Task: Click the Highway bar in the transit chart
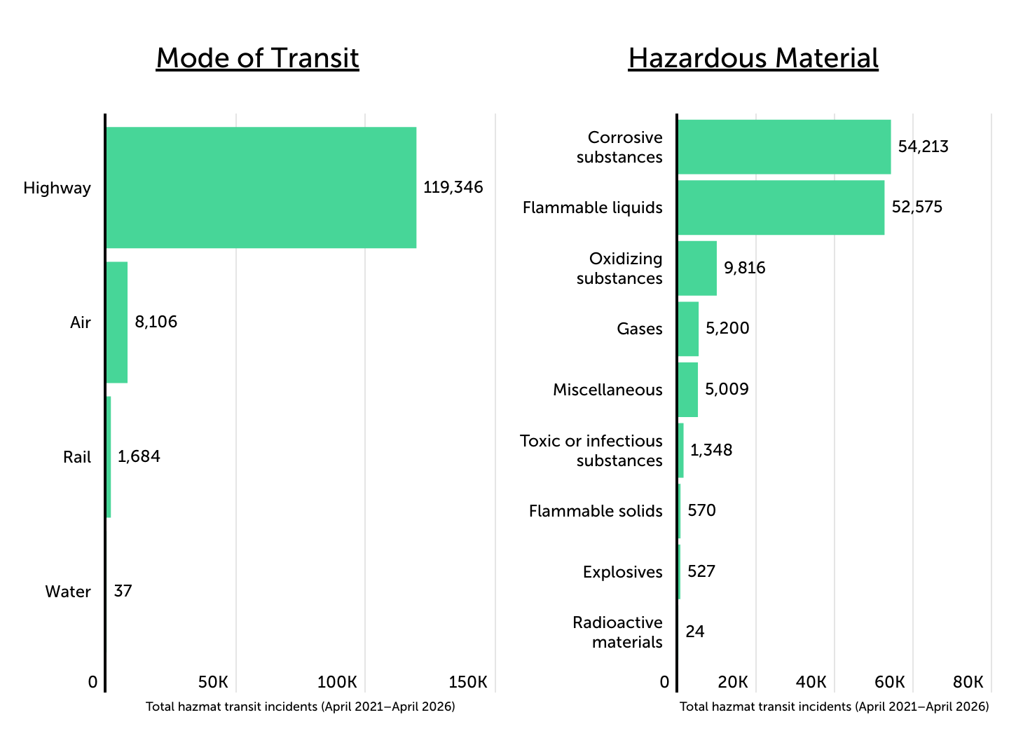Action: [261, 187]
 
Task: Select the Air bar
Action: [117, 322]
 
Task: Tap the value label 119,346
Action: [453, 187]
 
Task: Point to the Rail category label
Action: [77, 457]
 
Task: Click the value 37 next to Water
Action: [123, 591]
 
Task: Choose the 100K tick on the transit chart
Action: [338, 682]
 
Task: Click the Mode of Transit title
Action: [257, 57]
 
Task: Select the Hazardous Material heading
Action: [753, 57]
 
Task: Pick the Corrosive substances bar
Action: [784, 146]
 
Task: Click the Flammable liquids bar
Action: [781, 207]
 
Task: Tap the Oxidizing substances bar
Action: [697, 268]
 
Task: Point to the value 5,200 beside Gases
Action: [727, 328]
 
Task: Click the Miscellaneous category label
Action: [607, 390]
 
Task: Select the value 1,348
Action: [711, 450]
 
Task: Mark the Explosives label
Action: [622, 572]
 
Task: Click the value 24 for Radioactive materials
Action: [694, 632]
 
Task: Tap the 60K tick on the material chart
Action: [891, 682]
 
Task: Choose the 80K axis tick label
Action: [969, 682]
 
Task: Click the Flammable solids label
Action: [596, 511]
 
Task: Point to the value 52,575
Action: [917, 207]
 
